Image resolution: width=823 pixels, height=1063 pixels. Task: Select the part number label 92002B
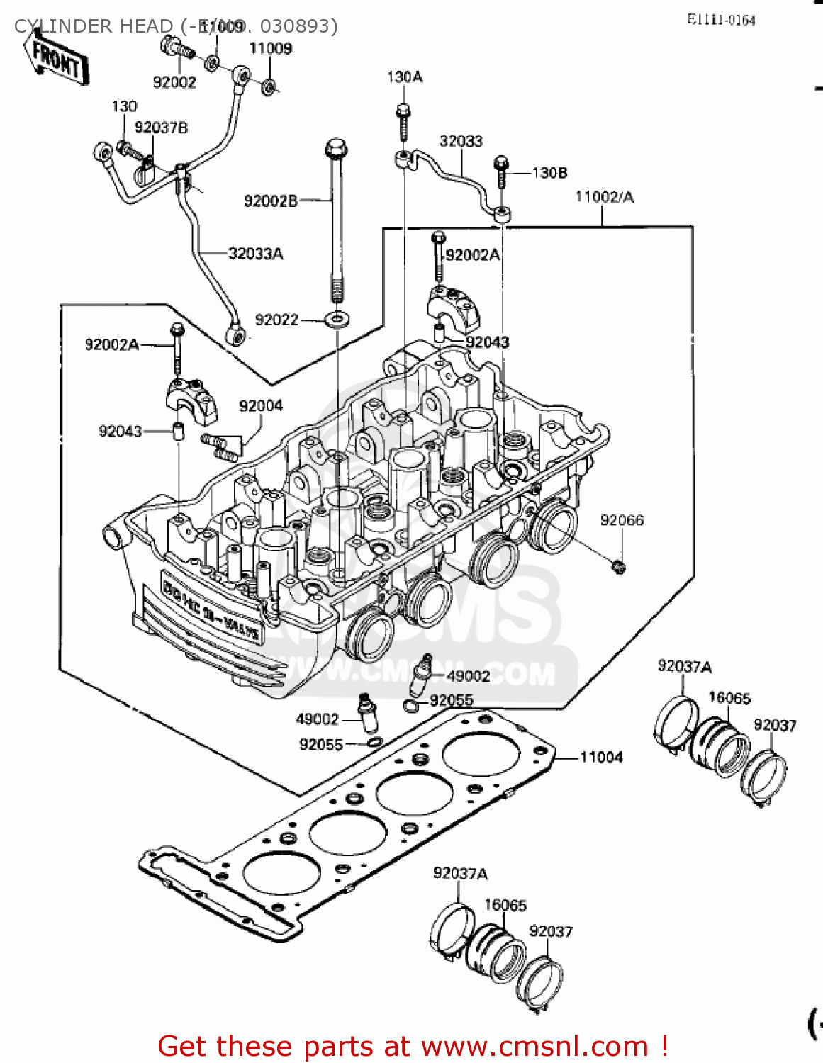click(270, 201)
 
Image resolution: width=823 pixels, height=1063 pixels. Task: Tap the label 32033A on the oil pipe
click(255, 254)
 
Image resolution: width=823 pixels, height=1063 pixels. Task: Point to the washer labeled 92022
click(337, 320)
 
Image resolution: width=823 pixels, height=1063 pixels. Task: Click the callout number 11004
click(601, 758)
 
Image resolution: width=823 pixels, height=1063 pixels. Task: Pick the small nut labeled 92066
click(619, 566)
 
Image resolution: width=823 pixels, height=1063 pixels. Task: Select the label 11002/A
click(604, 197)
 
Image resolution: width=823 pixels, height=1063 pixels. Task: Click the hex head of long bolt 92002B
click(336, 150)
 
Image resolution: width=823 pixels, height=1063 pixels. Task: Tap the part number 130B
click(549, 173)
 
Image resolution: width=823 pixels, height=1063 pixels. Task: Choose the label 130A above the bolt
click(404, 77)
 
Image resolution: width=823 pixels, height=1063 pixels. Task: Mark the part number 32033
click(461, 141)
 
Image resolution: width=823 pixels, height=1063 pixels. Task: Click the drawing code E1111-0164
click(721, 20)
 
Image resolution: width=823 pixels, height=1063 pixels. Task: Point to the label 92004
click(260, 405)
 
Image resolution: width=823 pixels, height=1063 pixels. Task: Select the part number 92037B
click(161, 128)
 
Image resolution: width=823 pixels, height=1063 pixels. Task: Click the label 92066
click(622, 520)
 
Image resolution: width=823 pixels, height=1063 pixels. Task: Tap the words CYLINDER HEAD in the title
click(92, 26)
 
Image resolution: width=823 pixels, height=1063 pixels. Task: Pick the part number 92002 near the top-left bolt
click(174, 82)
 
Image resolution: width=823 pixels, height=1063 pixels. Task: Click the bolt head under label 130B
click(500, 163)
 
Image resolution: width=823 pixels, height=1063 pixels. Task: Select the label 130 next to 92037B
click(124, 106)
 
